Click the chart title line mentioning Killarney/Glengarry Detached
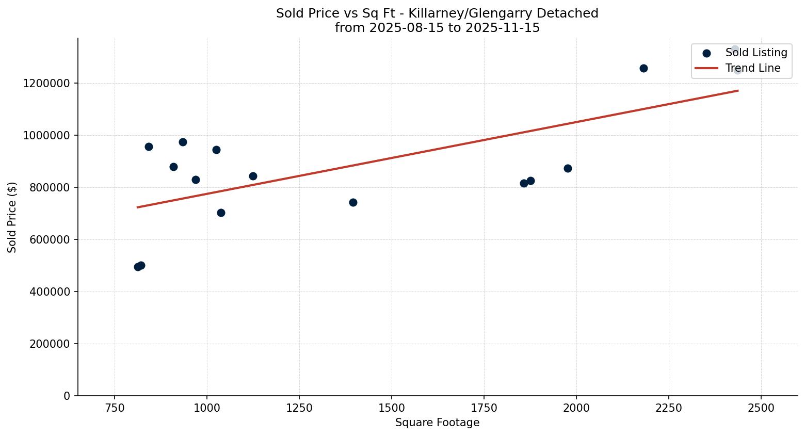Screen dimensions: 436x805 tap(437, 13)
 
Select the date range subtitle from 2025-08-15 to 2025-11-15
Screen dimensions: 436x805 tap(437, 28)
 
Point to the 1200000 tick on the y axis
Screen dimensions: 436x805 tap(46, 83)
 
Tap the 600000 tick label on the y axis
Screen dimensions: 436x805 tap(49, 239)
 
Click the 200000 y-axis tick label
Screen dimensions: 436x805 tap(49, 344)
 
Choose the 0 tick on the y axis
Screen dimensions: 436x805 tap(67, 396)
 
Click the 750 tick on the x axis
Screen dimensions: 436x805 tap(115, 408)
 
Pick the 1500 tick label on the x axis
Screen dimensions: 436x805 tap(391, 408)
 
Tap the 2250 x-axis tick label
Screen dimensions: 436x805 tap(669, 408)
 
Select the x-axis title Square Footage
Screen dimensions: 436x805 tap(437, 423)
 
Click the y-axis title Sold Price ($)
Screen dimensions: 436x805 tap(12, 217)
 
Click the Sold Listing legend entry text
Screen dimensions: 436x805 tap(756, 53)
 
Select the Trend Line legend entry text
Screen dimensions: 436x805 tap(752, 68)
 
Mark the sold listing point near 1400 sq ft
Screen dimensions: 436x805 tap(353, 202)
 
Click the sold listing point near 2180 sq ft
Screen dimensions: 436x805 tap(643, 68)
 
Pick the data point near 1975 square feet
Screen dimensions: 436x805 tap(568, 168)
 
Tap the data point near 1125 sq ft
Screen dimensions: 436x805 tap(253, 176)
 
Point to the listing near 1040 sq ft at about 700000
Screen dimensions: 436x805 tap(221, 213)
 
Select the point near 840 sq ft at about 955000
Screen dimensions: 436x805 tap(149, 147)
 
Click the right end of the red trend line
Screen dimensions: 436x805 tap(737, 91)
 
